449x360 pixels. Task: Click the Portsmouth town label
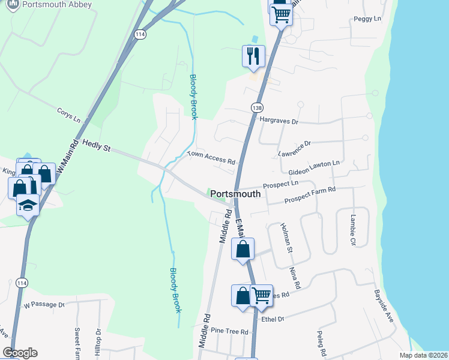(237, 194)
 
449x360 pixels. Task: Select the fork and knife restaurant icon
(253, 56)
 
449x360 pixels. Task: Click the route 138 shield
(257, 106)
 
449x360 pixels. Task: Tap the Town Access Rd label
(211, 157)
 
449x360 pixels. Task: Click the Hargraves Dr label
(279, 121)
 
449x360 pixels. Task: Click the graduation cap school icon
(26, 206)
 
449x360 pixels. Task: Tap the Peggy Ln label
(368, 19)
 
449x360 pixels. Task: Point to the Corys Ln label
(68, 114)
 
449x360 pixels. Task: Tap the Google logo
(20, 353)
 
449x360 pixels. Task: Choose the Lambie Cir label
(349, 230)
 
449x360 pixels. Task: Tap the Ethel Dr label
(272, 319)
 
